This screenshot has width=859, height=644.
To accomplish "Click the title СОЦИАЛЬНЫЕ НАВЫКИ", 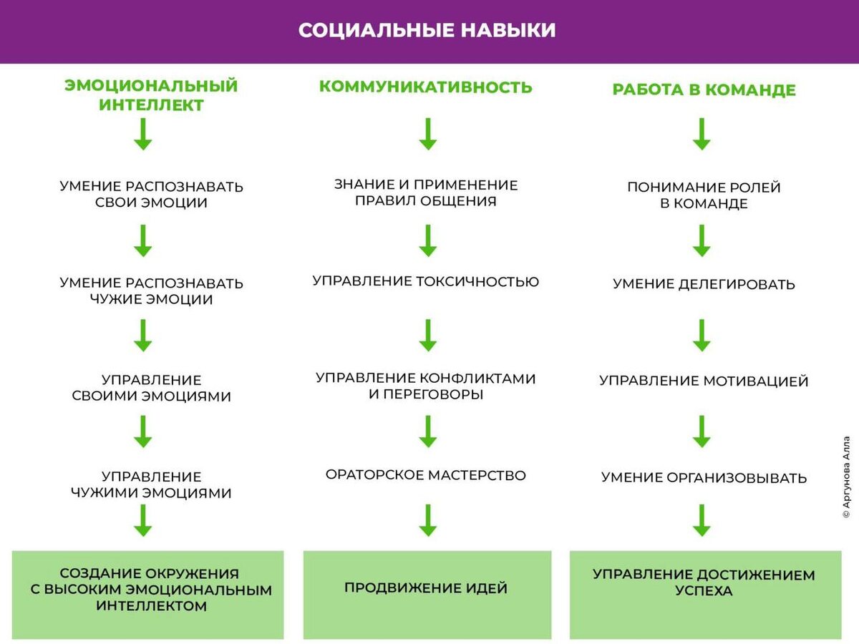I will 427,31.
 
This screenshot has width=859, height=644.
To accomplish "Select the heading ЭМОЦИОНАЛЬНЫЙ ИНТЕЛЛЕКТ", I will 151,95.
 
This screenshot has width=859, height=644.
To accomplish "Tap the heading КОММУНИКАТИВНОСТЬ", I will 425,87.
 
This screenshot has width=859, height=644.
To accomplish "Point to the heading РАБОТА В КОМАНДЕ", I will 704,90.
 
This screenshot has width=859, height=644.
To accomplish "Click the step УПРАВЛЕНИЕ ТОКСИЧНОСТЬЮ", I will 425,281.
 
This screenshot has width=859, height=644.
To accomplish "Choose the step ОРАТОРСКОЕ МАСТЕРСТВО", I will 425,475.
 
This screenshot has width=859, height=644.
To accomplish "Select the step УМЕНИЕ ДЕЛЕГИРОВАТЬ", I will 704,284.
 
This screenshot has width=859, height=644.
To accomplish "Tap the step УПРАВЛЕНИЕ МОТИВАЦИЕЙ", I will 704,381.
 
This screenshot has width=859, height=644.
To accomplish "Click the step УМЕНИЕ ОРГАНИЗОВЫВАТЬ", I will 704,477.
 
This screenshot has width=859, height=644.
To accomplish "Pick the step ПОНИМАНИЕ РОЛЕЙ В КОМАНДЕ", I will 704,195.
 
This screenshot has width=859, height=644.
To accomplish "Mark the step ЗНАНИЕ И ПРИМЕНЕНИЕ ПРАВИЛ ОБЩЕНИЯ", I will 425,192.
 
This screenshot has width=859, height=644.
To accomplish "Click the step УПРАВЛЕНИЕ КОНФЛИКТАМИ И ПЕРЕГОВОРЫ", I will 425,386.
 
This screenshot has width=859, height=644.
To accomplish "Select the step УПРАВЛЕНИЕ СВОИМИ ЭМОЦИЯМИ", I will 151,388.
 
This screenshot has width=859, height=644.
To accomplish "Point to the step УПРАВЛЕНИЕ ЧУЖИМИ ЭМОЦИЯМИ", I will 151,484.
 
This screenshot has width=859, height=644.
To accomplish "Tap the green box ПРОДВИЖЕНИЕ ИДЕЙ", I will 427,594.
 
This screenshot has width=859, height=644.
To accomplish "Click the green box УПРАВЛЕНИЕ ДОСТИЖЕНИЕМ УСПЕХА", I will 704,594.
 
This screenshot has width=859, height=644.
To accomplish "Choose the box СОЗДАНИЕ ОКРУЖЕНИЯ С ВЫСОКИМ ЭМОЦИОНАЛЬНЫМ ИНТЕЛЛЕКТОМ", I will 148,594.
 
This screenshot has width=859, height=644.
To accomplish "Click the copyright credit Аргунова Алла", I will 846,477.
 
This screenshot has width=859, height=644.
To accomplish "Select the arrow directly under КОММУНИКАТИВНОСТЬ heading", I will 428,134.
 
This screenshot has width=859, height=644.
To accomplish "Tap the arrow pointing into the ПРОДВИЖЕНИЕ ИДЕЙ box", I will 428,520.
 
